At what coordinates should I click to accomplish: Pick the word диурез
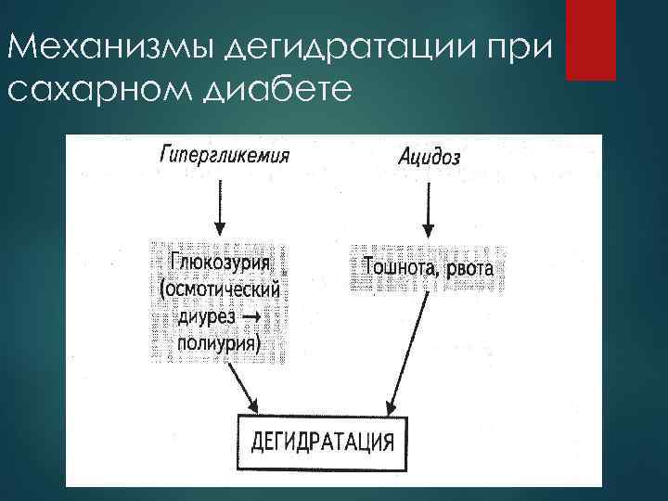[206, 317]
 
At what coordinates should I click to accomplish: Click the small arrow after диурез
[253, 317]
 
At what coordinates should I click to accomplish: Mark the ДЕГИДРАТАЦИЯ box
[322, 441]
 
